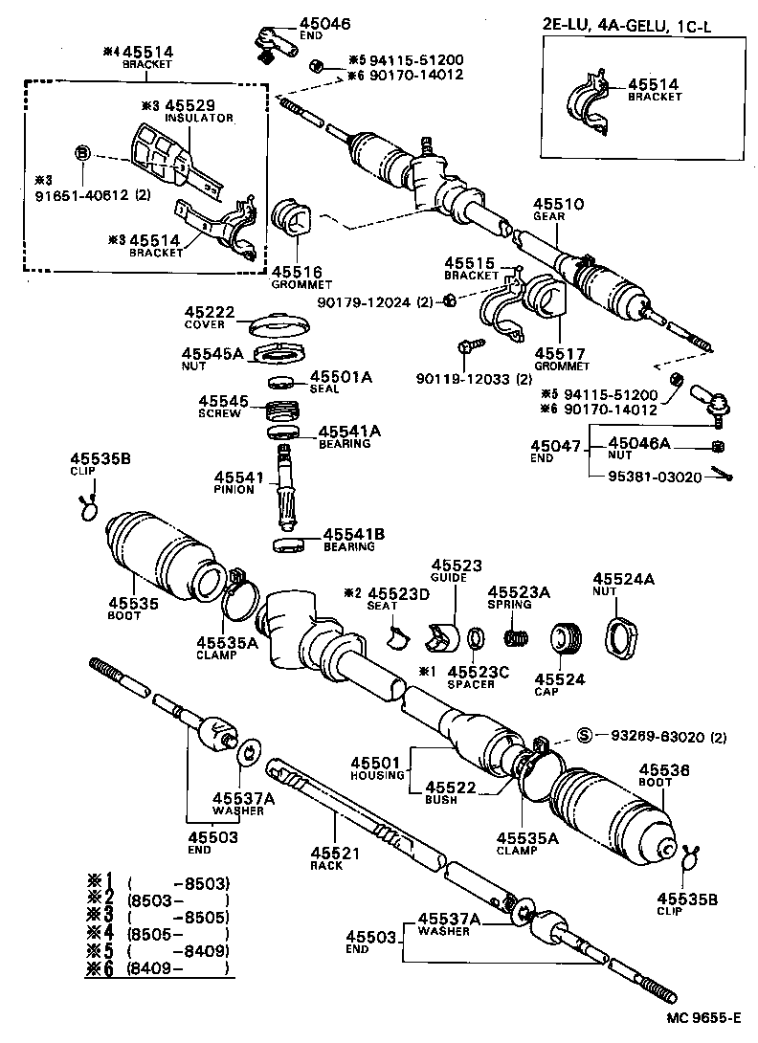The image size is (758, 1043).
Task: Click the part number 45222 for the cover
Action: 205,313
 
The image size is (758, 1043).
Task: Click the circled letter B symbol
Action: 82,153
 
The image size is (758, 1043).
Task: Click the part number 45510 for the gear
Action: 552,205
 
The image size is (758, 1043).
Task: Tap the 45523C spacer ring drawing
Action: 475,637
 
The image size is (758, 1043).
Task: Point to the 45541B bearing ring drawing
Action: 289,544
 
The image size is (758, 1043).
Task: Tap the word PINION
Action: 234,489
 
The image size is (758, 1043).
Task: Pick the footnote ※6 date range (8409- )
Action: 181,968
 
